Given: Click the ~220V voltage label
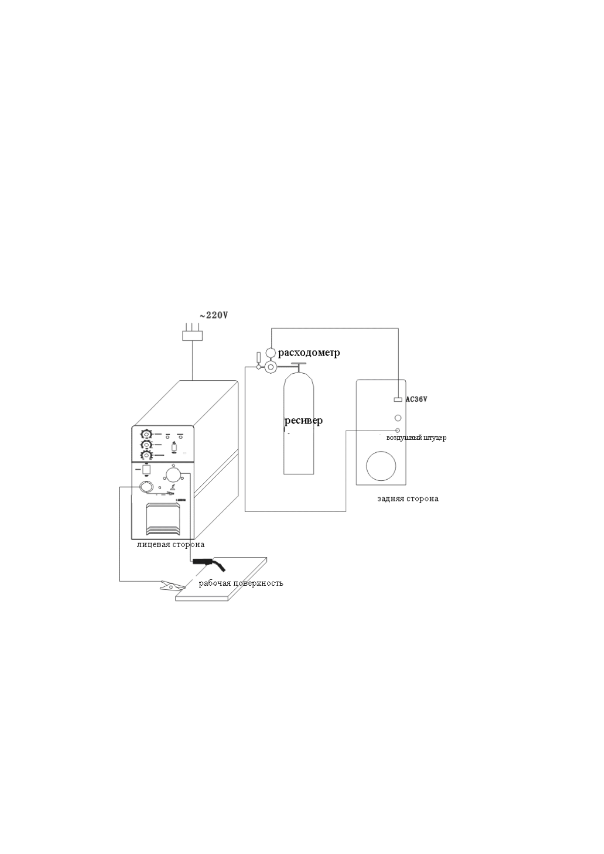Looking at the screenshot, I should click(x=214, y=315).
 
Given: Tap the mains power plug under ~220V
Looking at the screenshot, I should click(x=193, y=335).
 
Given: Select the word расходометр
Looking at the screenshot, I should click(x=309, y=352).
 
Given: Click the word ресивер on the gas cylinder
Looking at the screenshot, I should click(x=303, y=420).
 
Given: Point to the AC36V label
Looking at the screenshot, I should click(x=416, y=399).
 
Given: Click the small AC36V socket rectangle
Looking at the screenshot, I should click(x=398, y=400).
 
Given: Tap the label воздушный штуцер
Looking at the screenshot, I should click(x=416, y=438).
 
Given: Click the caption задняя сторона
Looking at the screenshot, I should click(x=408, y=499).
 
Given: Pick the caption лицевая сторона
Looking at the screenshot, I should click(x=170, y=545).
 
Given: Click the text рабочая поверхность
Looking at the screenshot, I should click(x=241, y=583).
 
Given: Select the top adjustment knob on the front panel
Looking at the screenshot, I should click(x=146, y=435).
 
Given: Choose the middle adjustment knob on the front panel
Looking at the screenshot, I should click(x=146, y=445).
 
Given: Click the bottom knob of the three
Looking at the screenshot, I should click(x=146, y=455).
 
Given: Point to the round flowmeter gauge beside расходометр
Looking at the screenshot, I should click(x=270, y=352).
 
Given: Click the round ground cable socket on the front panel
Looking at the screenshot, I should click(x=146, y=487).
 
